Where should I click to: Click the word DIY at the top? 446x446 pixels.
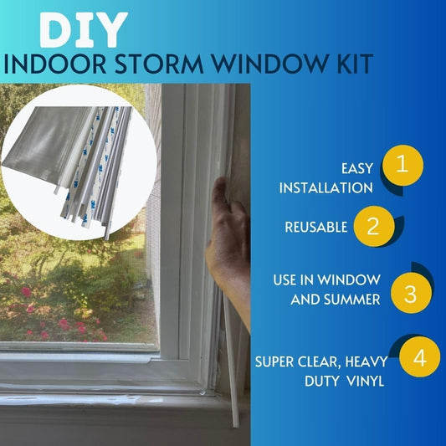(82, 29)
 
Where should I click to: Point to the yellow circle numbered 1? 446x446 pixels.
(402, 165)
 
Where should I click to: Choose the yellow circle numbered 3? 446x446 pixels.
(410, 295)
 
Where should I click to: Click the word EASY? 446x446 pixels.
(355, 167)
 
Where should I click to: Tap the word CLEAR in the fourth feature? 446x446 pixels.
(320, 361)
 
